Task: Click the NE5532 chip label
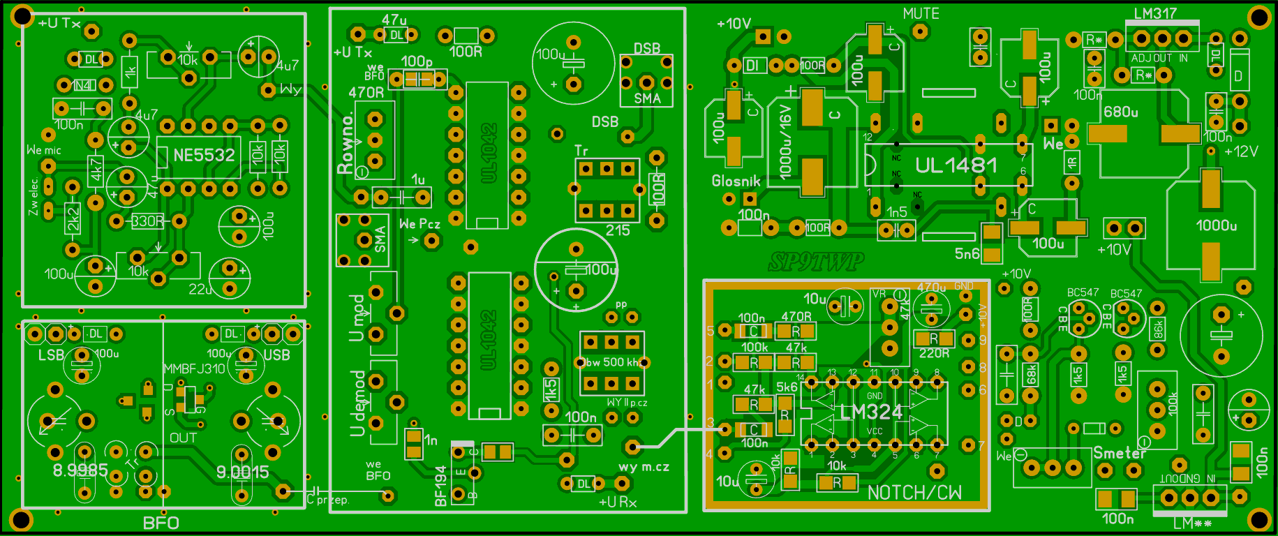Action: click(x=203, y=155)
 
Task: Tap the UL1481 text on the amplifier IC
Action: click(x=956, y=165)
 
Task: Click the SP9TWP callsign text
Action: click(x=815, y=262)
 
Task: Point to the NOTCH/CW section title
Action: click(x=914, y=493)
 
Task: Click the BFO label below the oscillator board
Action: click(x=161, y=523)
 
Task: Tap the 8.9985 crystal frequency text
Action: click(x=80, y=470)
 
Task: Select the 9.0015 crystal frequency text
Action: click(x=242, y=472)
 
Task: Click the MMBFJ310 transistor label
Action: click(x=194, y=368)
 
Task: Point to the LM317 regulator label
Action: click(x=1154, y=13)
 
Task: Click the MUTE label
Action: click(x=921, y=13)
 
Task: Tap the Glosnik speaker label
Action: click(x=736, y=181)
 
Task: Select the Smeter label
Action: click(x=1119, y=453)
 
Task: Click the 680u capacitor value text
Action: click(x=1120, y=112)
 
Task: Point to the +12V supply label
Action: click(x=1241, y=151)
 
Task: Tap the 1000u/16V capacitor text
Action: click(x=785, y=142)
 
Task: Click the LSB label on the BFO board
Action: click(x=52, y=355)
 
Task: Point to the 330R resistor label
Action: click(x=148, y=221)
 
